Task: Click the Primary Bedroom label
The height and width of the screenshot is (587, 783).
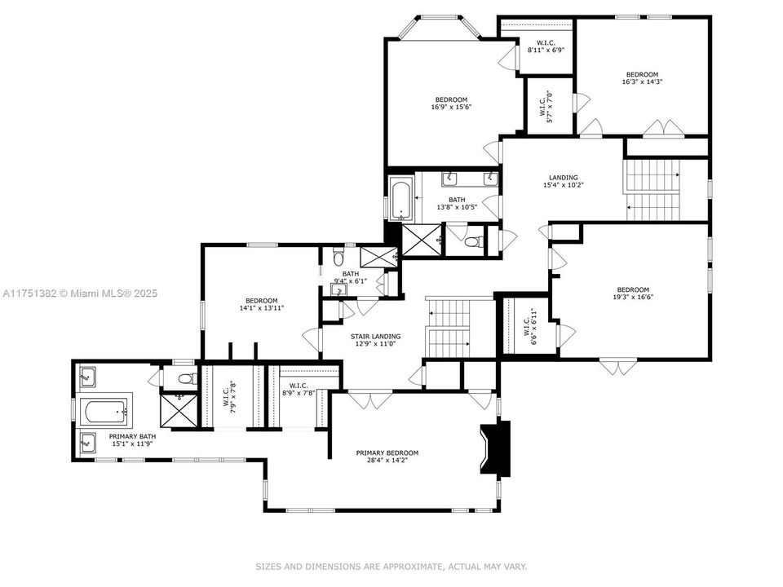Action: tap(387, 453)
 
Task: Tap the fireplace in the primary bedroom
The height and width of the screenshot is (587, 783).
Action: tap(494, 448)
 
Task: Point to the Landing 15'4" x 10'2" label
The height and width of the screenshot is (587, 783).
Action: tap(563, 181)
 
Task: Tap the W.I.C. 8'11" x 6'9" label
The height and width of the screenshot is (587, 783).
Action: tap(546, 46)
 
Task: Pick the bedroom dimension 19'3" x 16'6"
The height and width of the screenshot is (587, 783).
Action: tap(633, 297)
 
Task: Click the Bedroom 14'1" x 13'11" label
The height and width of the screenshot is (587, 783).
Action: tap(262, 304)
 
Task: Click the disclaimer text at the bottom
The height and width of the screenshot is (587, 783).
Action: tap(391, 566)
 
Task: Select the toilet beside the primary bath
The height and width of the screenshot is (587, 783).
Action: tap(185, 378)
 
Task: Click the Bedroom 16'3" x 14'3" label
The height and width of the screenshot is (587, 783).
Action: tap(641, 78)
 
